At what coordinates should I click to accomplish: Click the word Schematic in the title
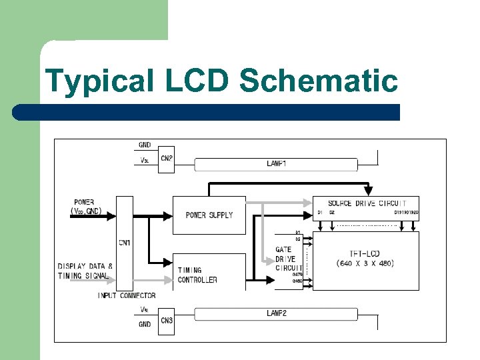click(318, 81)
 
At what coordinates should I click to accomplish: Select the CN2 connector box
click(166, 159)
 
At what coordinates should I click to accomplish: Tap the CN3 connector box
click(166, 321)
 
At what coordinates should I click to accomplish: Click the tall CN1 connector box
click(124, 243)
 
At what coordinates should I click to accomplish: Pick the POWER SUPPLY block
click(209, 215)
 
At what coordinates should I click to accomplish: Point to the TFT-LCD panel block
click(365, 259)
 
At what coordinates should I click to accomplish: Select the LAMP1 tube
click(275, 163)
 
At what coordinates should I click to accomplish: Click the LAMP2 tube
click(275, 313)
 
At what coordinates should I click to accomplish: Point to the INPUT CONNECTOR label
click(127, 295)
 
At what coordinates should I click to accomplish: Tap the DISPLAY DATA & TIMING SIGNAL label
click(85, 271)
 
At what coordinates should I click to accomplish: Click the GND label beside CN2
click(145, 145)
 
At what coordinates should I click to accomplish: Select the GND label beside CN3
click(145, 324)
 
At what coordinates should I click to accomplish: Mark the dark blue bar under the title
click(207, 112)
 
